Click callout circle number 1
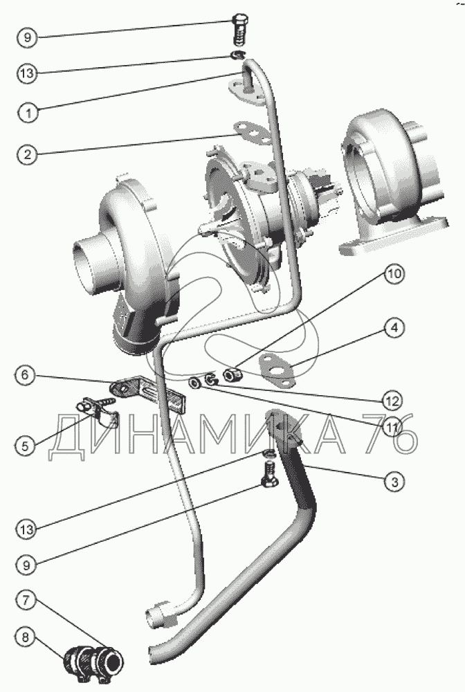click(28, 113)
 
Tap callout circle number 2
click(28, 154)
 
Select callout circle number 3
click(394, 482)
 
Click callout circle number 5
click(26, 445)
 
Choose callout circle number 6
click(25, 375)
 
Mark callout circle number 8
click(25, 637)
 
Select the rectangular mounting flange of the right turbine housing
click(392, 238)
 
